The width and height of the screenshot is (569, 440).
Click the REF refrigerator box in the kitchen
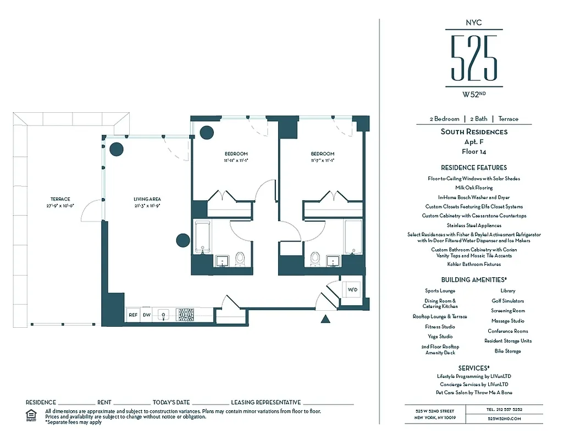(132, 315)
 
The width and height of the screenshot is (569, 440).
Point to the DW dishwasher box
(147, 315)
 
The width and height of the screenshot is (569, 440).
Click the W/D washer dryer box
(352, 289)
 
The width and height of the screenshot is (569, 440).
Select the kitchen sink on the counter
(163, 315)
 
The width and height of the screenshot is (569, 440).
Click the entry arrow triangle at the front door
(325, 318)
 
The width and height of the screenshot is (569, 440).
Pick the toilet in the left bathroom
(240, 257)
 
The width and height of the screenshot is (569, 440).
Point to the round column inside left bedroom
(206, 132)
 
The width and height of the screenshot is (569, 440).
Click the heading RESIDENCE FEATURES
(473, 168)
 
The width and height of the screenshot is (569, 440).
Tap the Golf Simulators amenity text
(507, 301)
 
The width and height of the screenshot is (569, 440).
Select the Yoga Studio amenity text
(440, 337)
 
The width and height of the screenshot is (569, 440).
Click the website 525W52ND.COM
(504, 419)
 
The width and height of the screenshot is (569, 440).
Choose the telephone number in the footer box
(504, 410)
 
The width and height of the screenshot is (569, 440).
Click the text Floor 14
(473, 151)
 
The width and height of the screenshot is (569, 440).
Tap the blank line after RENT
(132, 403)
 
